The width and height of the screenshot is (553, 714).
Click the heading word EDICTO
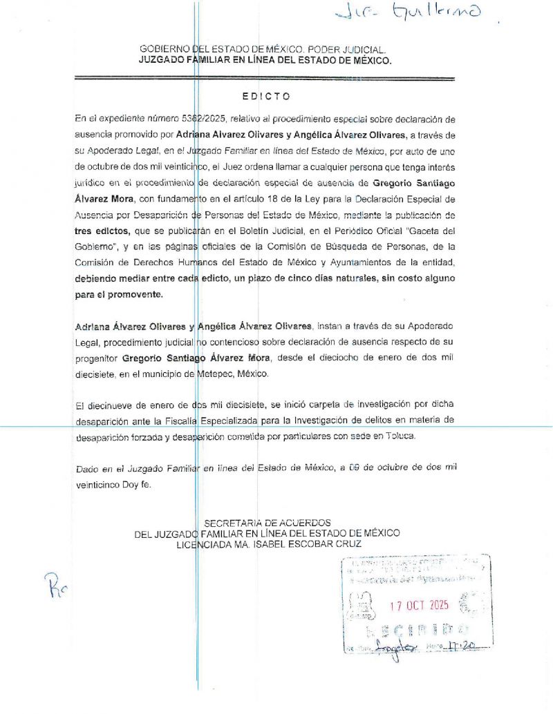266,96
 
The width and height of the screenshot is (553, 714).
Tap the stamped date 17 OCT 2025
420,605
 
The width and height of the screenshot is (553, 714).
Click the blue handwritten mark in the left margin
57,588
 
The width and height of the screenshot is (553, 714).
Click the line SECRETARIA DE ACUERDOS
268,523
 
